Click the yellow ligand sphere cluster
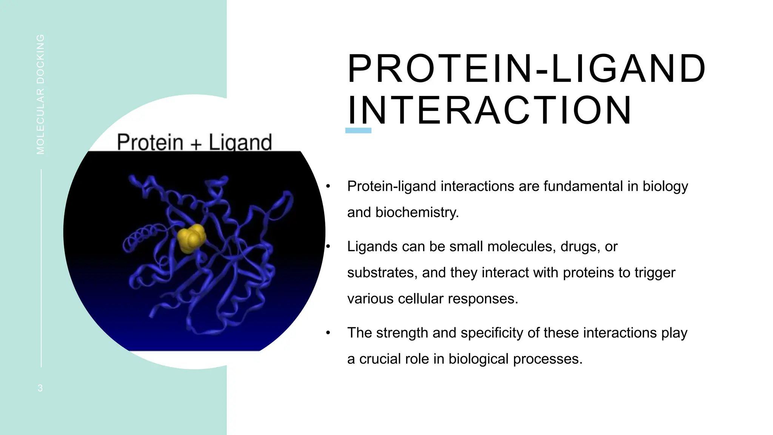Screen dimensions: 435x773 191,238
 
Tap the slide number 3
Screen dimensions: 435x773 40,388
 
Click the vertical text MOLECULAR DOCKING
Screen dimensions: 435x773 40,94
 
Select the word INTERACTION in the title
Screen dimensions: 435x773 490,110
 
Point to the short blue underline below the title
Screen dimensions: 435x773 358,130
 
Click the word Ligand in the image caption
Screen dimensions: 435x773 240,142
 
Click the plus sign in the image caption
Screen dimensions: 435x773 196,144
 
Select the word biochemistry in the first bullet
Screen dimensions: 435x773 417,212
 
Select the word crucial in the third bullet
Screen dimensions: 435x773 380,359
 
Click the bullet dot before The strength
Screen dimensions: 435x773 328,333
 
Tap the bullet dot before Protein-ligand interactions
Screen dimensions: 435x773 328,187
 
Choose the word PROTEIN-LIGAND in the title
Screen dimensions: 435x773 527,69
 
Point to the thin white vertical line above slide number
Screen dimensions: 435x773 41,268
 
